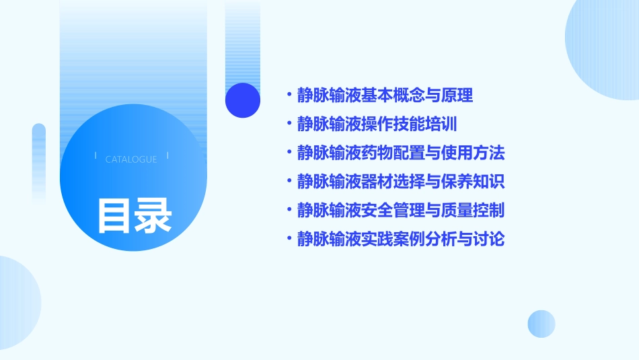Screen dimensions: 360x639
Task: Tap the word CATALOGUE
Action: [131, 159]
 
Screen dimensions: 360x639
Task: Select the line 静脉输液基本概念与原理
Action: [385, 96]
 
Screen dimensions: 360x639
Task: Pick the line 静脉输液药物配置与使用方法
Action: [400, 153]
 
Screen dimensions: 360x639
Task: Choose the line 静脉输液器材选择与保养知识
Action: [400, 182]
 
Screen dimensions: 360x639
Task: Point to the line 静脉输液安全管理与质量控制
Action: [400, 210]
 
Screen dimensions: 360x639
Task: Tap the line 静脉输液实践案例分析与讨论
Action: [400, 239]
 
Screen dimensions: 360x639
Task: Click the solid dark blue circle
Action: [243, 100]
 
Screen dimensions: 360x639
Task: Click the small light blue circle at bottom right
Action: [541, 324]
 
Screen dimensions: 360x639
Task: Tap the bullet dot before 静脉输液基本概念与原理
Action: [289, 96]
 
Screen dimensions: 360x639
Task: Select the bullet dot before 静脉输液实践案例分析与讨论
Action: [289, 239]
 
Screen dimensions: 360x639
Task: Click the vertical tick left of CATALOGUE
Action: [96, 156]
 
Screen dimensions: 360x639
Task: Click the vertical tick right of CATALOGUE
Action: [167, 156]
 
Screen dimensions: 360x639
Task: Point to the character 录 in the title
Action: [153, 215]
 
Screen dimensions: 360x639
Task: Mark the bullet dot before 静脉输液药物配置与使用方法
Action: [289, 153]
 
